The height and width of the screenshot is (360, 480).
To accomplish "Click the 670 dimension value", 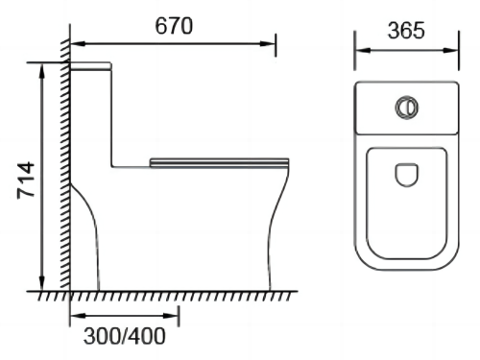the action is (x=174, y=26).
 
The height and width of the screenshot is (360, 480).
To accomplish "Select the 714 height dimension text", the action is (x=26, y=180).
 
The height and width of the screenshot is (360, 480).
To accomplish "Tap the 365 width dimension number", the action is (x=406, y=31).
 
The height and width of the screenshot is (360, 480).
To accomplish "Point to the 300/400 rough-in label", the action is (x=125, y=336).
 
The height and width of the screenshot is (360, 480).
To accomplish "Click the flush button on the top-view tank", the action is (x=407, y=108).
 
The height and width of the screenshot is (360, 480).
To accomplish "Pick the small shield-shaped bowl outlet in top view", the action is (x=407, y=175).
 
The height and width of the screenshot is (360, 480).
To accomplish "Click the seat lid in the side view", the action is (x=220, y=163).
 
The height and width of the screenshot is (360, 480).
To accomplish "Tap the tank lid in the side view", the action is (x=90, y=66).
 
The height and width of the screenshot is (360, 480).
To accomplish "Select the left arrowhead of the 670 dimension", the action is (x=78, y=43).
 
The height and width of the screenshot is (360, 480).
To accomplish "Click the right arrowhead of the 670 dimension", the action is (x=268, y=43).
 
